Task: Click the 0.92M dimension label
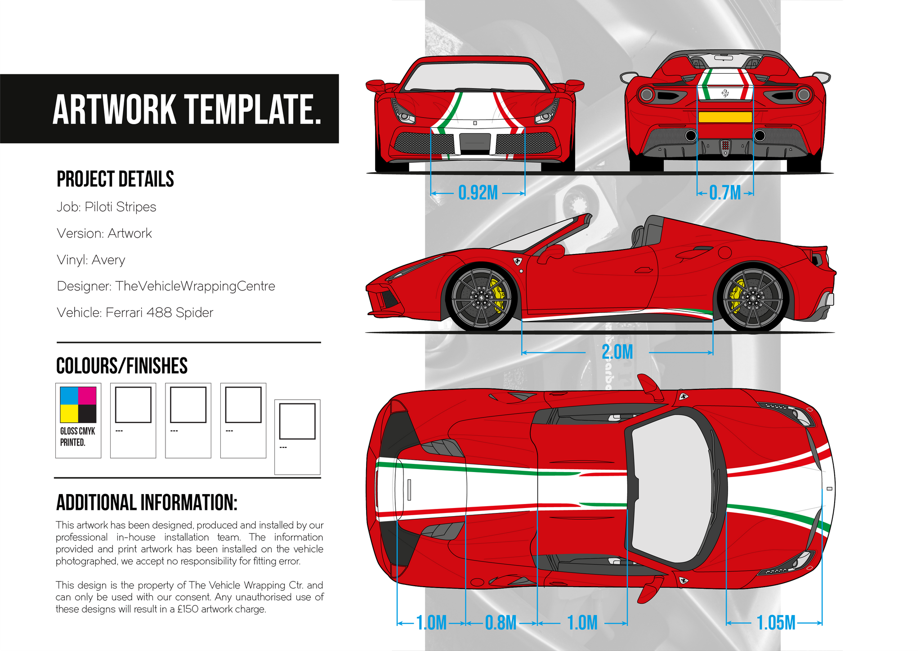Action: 478,193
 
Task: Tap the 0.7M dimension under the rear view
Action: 725,193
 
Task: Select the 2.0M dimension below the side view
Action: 617,352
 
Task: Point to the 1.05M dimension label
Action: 776,623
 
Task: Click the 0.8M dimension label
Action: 501,623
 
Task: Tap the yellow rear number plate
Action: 725,117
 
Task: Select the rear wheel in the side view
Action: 752,299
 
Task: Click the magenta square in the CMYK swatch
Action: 87,396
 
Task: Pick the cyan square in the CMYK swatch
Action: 69,396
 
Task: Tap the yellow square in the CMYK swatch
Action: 69,414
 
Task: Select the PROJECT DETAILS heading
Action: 115,179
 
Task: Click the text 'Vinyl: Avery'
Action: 91,260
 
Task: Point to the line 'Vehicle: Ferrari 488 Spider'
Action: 135,312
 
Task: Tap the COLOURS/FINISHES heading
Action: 122,366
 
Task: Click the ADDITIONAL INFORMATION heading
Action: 147,503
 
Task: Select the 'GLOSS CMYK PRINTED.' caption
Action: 78,437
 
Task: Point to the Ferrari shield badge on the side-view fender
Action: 518,261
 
